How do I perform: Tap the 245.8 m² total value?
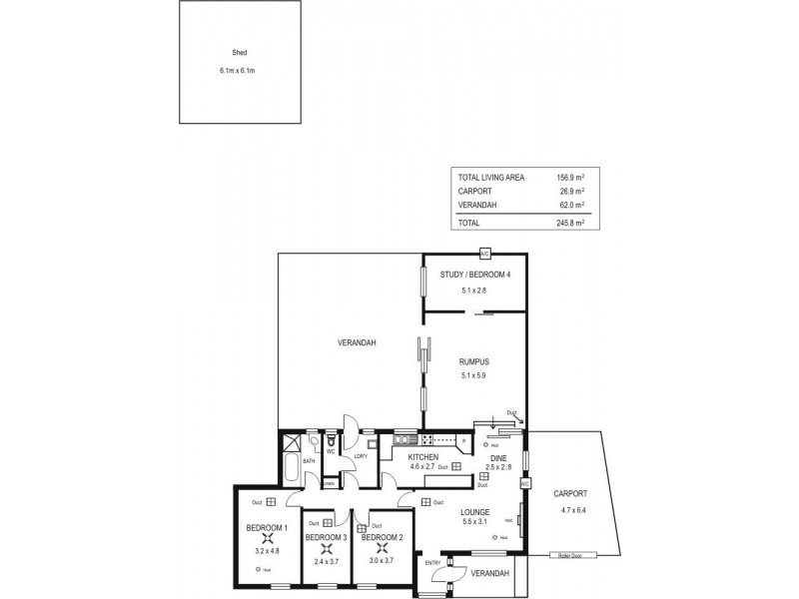tap(569, 223)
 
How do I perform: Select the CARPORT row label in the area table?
tap(474, 191)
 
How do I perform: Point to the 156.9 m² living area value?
tap(569, 177)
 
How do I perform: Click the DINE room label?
tap(497, 456)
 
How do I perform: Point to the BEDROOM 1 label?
tap(267, 527)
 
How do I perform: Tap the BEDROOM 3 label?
tap(326, 537)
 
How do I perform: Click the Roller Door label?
tap(571, 555)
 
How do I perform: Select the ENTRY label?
tap(433, 563)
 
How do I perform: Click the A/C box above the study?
tap(485, 254)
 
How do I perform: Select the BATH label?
tap(310, 461)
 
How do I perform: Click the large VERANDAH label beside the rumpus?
tap(356, 343)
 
